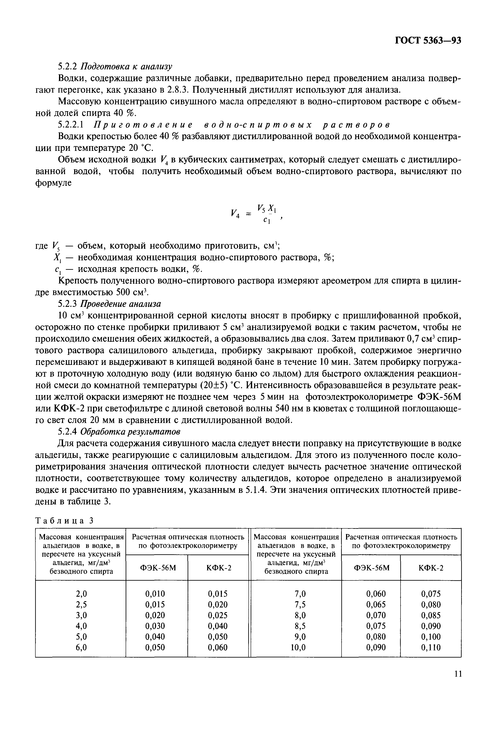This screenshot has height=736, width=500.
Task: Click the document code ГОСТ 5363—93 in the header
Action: pos(428,41)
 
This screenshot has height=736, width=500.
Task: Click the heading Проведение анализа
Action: pos(120,304)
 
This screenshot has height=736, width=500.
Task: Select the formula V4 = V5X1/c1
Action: pos(255,214)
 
